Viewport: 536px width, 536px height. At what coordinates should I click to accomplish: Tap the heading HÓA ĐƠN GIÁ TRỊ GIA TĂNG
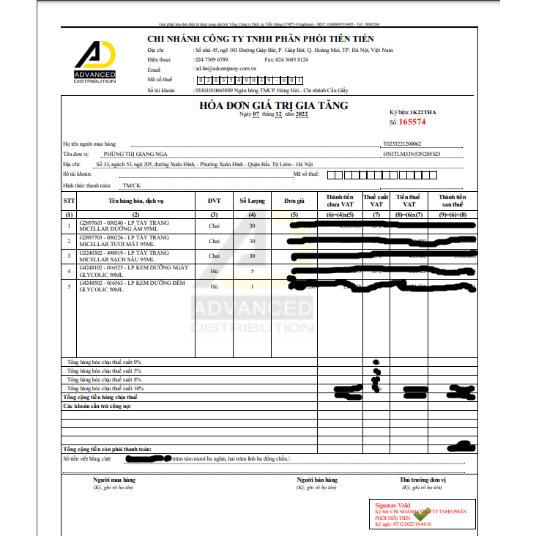coord(273,105)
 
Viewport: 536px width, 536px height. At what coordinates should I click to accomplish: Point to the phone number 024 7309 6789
coord(211,59)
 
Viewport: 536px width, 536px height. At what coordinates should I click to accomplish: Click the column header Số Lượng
coord(252,201)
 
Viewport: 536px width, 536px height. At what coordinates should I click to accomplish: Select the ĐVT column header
coord(214,201)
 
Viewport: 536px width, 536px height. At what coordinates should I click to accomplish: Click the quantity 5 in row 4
coord(252,271)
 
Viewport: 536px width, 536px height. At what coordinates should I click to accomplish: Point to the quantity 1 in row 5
coord(252,286)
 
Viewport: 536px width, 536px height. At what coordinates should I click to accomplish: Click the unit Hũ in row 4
coord(214,271)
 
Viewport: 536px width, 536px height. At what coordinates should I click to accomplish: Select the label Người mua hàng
coord(114,480)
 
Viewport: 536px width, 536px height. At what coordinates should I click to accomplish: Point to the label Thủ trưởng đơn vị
coord(423,480)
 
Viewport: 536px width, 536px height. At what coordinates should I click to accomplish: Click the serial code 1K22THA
coord(427,112)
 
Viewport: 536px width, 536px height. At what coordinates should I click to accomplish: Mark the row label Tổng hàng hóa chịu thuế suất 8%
coord(104,379)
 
